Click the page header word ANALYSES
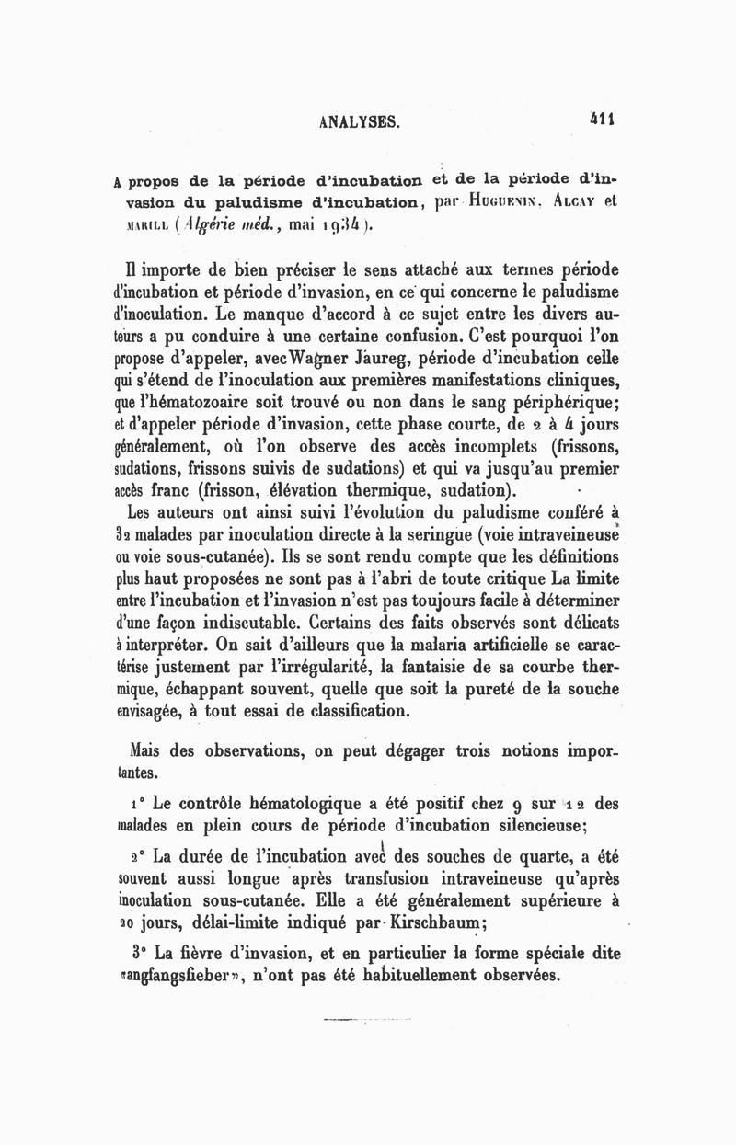click(358, 120)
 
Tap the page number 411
click(603, 119)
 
